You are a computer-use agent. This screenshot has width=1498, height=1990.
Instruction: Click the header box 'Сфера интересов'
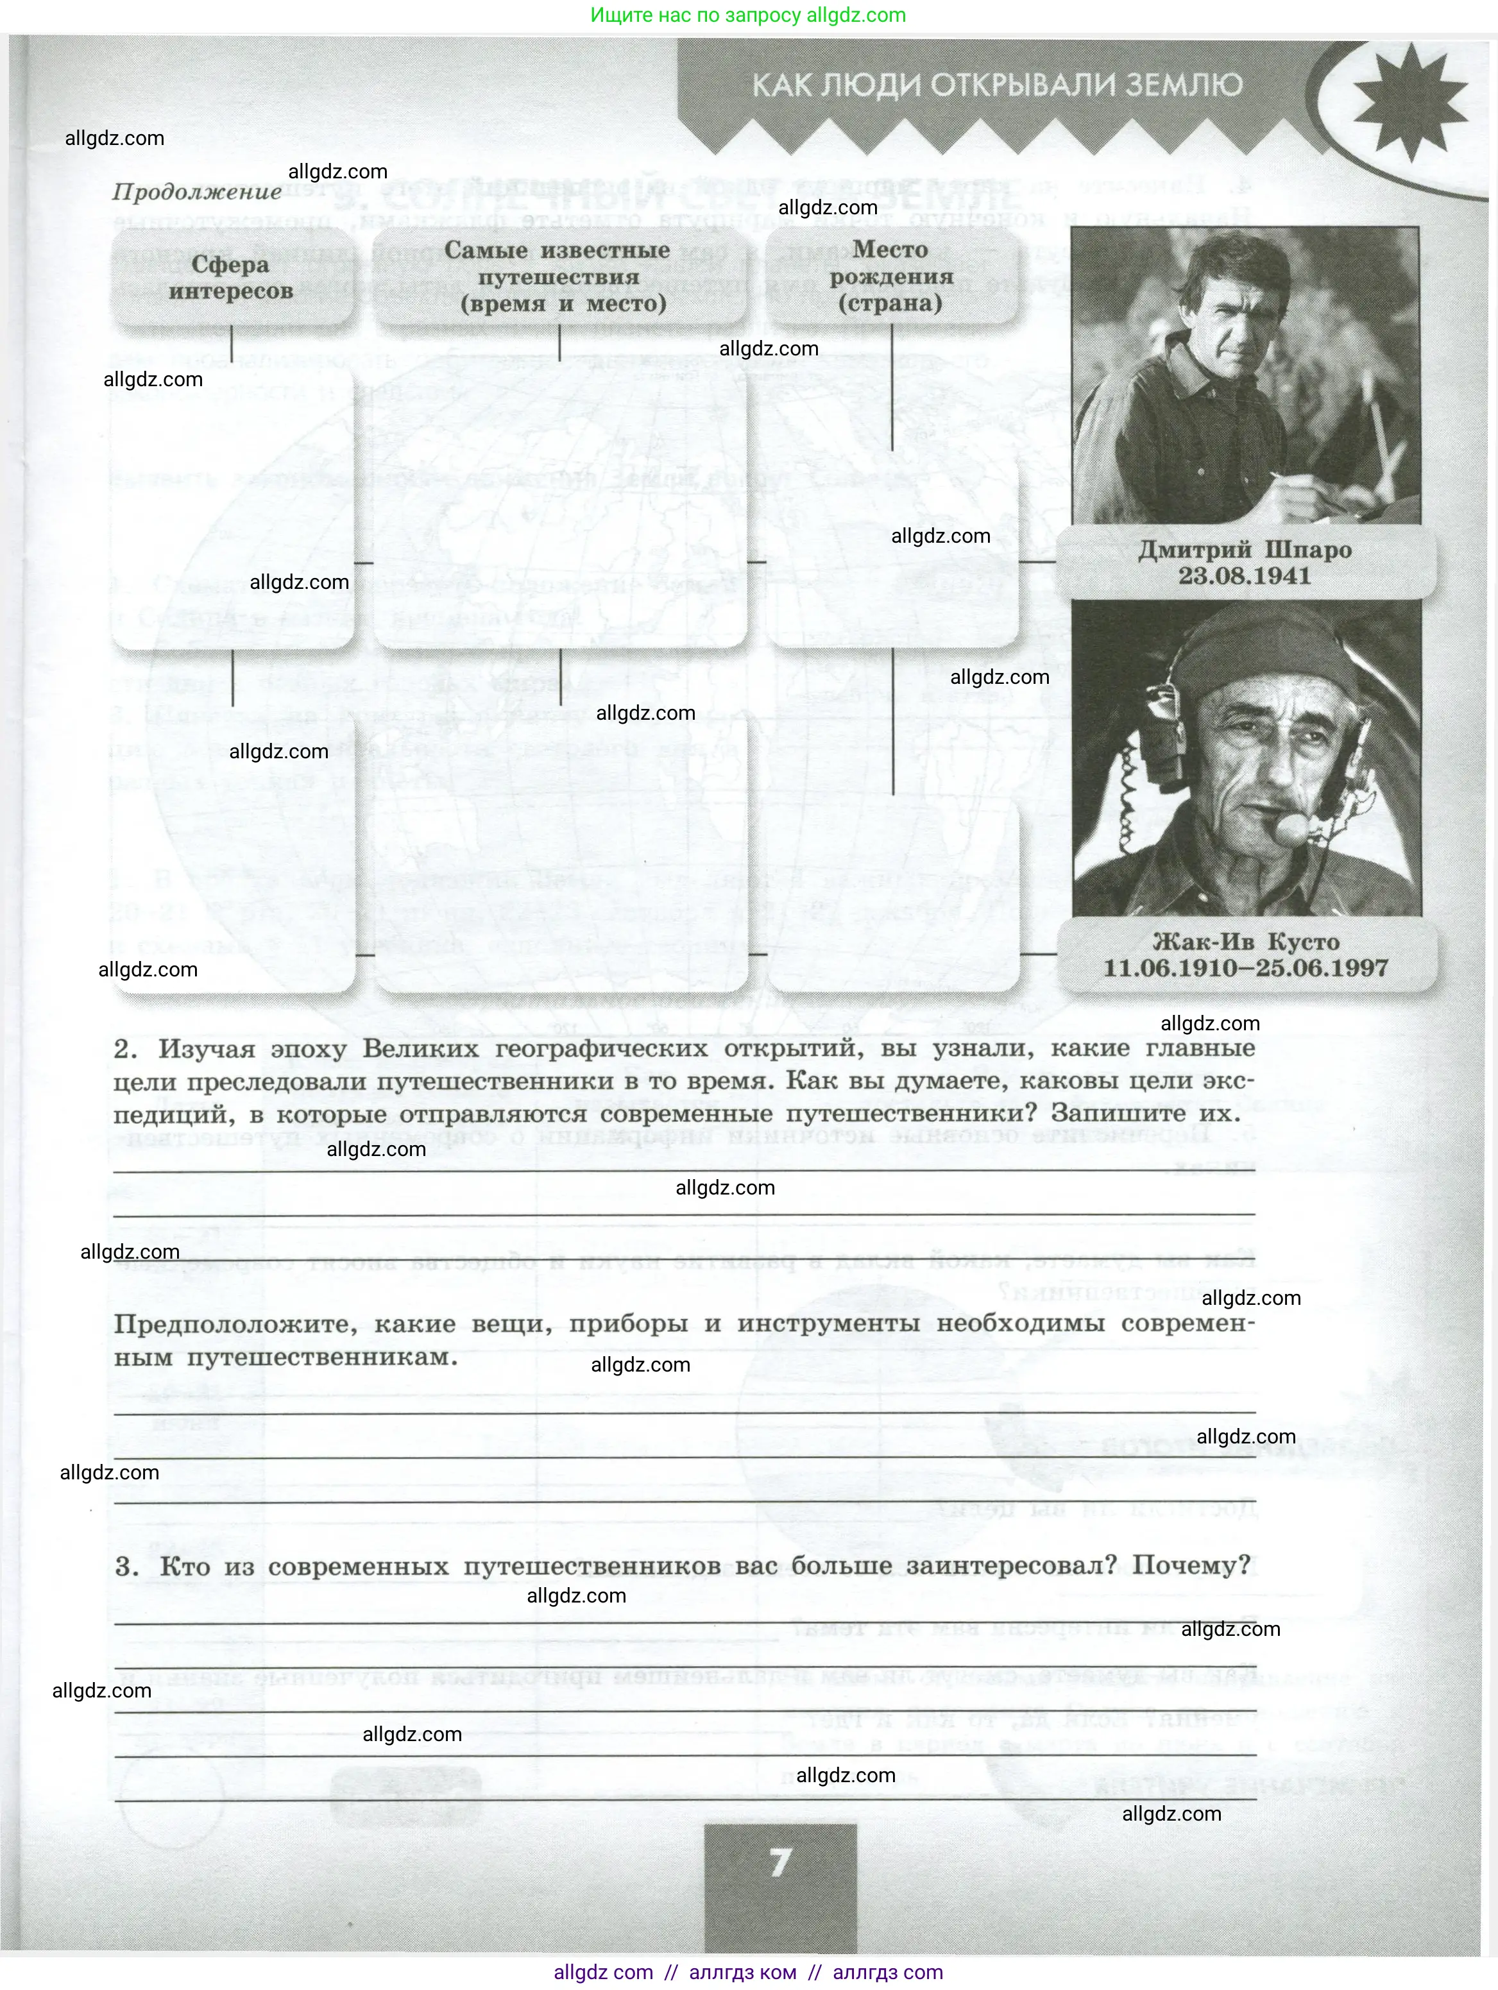[x=230, y=278]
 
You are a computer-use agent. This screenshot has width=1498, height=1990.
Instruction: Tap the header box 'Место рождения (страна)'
[x=890, y=276]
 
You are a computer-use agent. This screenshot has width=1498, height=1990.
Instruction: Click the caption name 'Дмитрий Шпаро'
[x=1245, y=550]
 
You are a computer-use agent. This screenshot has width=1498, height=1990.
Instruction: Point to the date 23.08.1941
[x=1245, y=577]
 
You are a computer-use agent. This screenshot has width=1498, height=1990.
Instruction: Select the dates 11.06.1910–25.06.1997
[x=1245, y=969]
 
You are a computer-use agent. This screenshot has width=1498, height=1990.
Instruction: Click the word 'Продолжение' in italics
[x=197, y=192]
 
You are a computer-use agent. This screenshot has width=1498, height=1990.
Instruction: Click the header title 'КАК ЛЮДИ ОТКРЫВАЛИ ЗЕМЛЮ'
[x=997, y=85]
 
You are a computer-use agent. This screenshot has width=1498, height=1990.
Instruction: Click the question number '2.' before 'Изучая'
[x=125, y=1049]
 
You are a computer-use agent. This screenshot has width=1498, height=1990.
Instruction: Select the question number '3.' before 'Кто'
[x=127, y=1566]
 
